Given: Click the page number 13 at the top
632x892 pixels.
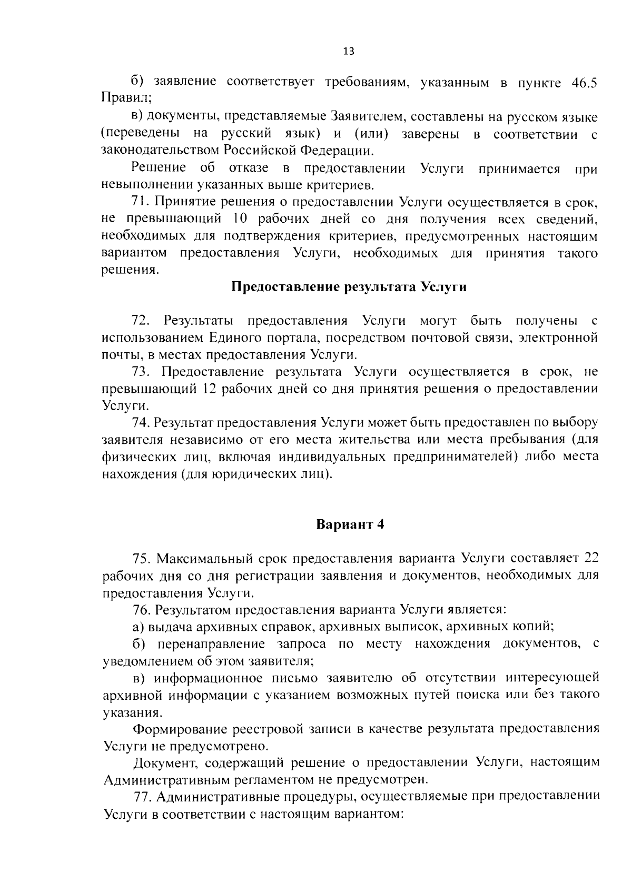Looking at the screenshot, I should coord(348,51).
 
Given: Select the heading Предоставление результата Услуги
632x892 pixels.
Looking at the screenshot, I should coord(349,288).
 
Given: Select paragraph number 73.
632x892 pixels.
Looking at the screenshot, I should coord(142,372).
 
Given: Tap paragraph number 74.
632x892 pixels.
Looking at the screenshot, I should coord(142,423).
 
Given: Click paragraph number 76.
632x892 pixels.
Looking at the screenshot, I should coord(142,610).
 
